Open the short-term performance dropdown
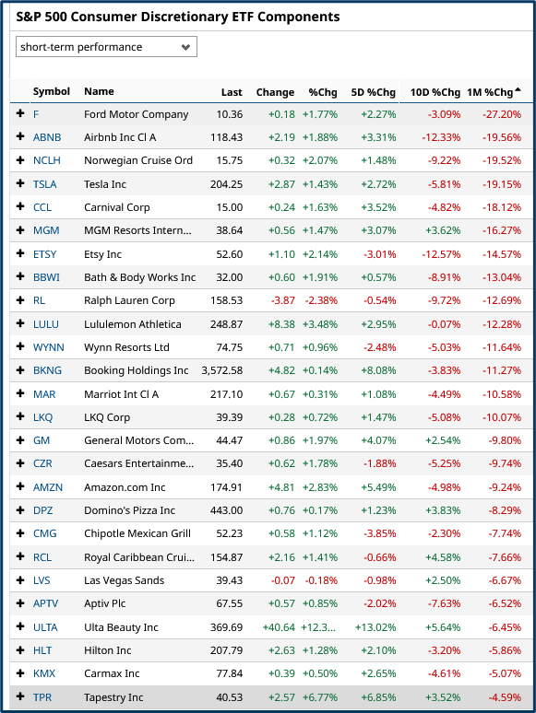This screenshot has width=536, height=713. coord(106,47)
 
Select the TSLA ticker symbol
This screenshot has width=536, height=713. coord(44,184)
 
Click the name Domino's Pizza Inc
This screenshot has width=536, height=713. coord(129,510)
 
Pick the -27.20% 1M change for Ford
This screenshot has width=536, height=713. coord(502,114)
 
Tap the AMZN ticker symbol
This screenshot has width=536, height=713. coord(46,487)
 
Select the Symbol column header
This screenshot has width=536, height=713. coord(51,92)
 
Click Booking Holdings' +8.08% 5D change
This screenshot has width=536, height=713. coord(378,370)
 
